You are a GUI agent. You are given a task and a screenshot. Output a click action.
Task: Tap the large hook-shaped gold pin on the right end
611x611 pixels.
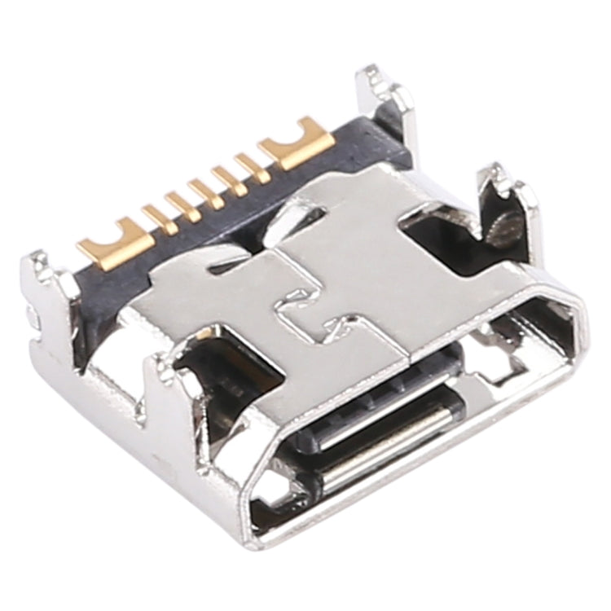coord(300,145)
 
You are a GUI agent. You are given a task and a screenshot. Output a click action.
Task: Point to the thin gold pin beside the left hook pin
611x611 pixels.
coord(158,217)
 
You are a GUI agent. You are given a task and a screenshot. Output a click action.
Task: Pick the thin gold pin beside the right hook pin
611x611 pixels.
coord(251,168)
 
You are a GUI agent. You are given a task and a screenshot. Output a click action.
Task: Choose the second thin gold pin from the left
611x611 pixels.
coord(181,204)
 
